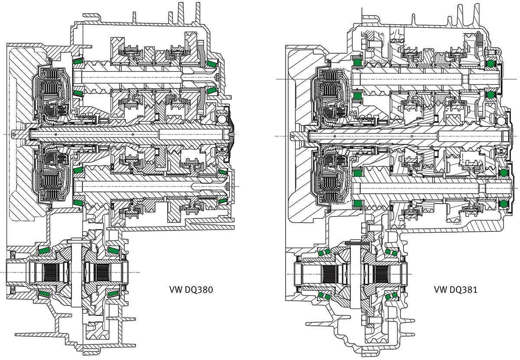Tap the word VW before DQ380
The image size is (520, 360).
click(x=175, y=290)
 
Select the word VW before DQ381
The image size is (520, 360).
click(x=439, y=290)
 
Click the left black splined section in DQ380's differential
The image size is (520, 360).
click(x=50, y=272)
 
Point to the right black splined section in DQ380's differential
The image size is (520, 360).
click(x=103, y=272)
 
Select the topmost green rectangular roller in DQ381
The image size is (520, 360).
click(x=357, y=62)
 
